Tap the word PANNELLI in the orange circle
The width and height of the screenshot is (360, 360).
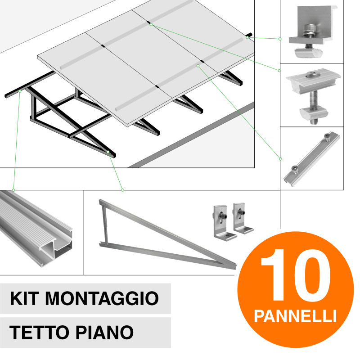pos(295,315)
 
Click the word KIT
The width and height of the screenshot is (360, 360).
pos(26,298)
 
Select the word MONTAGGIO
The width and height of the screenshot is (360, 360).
pos(103,298)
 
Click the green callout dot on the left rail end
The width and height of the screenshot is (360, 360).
pos(21,91)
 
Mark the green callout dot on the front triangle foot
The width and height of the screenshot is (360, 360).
pos(108,153)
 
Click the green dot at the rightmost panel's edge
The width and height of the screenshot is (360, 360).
pos(247,37)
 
